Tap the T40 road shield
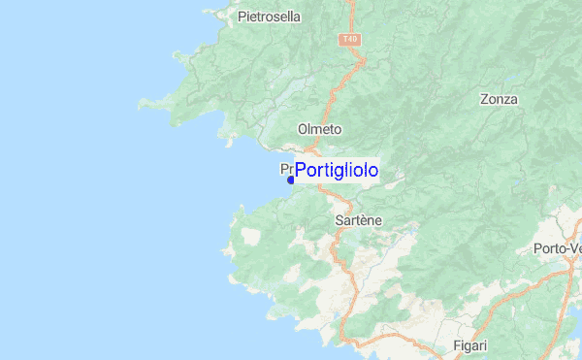[x=349, y=40]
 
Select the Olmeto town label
[x=319, y=129]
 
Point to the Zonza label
[x=499, y=99]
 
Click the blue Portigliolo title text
[x=336, y=171]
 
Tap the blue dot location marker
[x=291, y=180]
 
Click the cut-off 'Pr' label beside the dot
[x=286, y=168]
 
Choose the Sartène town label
[x=357, y=220]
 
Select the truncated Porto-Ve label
[x=557, y=248]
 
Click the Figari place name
[x=469, y=345]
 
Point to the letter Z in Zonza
[x=484, y=99]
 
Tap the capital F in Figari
[x=456, y=345]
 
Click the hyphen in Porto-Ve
[x=564, y=249]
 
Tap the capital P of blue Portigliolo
[x=301, y=171]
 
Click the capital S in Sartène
[x=338, y=220]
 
